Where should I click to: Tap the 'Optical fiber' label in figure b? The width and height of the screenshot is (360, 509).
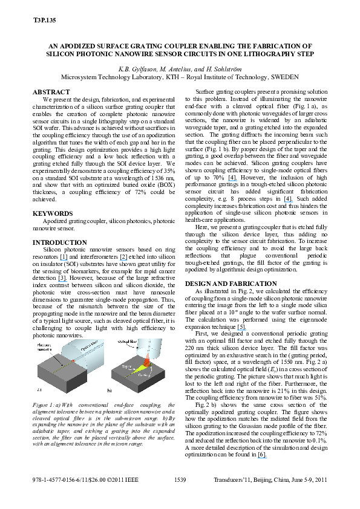click(x=124, y=342)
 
